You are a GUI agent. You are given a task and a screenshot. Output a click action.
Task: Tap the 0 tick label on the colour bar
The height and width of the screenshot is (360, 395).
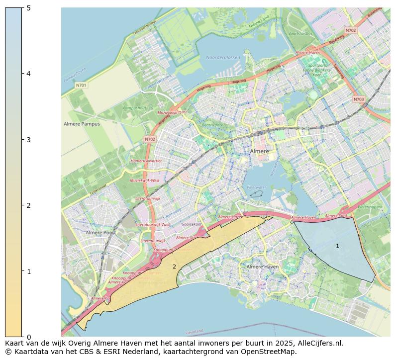pos(29,337)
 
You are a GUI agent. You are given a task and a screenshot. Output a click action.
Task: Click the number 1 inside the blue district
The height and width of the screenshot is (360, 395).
pos(337,246)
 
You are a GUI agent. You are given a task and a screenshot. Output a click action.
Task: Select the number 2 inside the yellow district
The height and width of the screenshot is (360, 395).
pos(174,267)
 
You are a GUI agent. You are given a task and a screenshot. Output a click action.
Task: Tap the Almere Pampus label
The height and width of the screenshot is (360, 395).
pos(82,124)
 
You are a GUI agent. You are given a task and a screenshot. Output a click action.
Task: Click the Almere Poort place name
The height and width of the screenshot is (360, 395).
pos(100,232)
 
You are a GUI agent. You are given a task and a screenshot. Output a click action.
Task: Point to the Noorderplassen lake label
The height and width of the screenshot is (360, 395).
pos(223,58)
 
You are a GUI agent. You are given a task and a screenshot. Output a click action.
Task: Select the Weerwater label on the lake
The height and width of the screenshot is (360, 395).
pos(257,187)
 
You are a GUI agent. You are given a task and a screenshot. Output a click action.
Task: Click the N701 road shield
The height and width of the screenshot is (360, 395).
pos(81,86)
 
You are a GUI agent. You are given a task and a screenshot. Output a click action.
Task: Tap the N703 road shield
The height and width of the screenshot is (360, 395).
pos(359,99)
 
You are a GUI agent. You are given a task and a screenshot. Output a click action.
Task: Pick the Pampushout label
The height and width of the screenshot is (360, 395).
pos(134,108)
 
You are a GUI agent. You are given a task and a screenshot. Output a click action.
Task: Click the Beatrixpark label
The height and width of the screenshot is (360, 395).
pos(212,125)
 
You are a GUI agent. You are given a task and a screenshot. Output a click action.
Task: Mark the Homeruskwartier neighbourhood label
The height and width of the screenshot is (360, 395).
pos(146,161)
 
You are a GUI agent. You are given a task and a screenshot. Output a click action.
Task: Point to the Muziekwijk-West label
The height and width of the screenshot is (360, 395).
pos(144,180)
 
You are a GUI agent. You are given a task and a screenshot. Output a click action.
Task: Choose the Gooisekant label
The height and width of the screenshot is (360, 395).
pos(192,224)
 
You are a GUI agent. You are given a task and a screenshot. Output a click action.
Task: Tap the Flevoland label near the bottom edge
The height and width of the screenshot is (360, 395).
pos(194,332)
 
